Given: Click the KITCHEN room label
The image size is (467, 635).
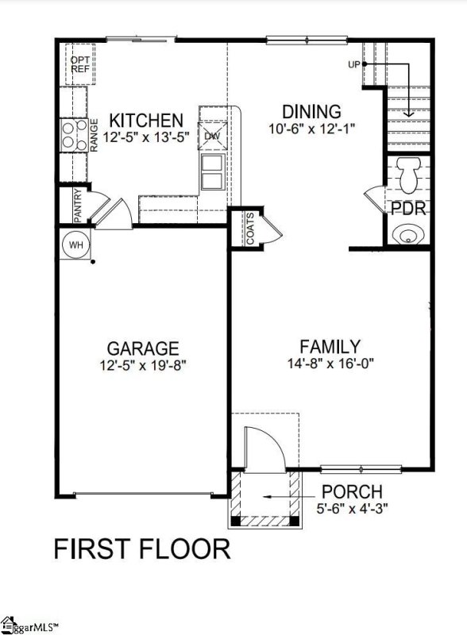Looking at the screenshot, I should coord(145,121).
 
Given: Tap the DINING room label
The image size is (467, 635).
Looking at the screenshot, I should coord(312,112).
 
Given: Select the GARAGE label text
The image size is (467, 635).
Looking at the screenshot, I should coord(143,348).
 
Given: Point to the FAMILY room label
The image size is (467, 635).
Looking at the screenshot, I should coord(330,346).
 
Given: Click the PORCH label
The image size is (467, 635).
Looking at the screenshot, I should coord(352,492).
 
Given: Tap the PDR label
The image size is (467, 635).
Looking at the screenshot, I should coord(409,209).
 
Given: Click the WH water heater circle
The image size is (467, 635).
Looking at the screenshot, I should coord(75,244).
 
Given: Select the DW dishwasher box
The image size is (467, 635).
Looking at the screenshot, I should coord(212,136).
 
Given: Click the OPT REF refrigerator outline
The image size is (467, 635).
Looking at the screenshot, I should coord(79,64).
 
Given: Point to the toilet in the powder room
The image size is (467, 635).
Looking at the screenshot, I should coord(409,175).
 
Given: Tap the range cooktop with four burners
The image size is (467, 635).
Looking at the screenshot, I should coord(71,133).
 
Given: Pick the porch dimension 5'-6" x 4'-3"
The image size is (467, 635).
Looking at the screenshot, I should coord(352,508).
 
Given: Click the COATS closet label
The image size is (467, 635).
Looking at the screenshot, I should coord(249,229).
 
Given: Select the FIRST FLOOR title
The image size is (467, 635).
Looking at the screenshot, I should coord(141,548).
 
